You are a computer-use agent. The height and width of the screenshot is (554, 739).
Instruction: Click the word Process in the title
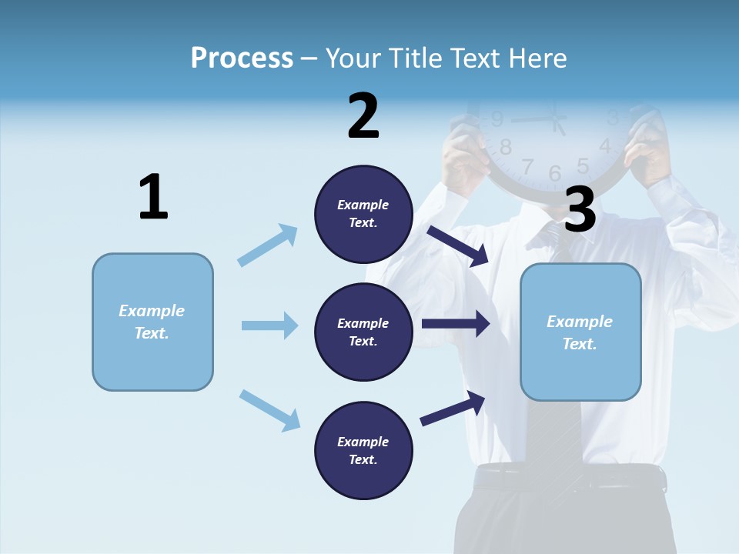coord(242,58)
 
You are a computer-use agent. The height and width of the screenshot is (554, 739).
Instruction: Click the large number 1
coord(153,198)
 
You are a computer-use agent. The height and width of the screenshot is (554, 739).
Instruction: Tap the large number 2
coord(363,116)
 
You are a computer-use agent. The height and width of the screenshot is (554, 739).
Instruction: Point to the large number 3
coord(580,209)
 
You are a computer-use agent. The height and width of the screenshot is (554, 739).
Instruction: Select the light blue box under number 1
coord(152,322)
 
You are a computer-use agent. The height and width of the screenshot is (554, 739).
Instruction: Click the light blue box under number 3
coord(580,332)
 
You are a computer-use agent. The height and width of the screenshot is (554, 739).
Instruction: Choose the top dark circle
coord(363,214)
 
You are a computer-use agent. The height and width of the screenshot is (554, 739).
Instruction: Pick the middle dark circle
coord(363,332)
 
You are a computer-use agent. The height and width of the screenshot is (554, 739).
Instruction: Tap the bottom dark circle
coord(363,450)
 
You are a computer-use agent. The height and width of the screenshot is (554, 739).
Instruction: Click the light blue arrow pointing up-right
coord(268,245)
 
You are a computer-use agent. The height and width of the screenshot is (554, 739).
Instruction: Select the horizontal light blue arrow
coord(269,325)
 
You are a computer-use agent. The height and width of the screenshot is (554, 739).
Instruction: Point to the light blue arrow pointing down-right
coord(269,410)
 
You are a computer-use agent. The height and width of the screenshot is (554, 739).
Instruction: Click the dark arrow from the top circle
coord(459,245)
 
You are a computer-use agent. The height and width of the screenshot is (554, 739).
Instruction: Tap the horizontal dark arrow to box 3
coord(456,324)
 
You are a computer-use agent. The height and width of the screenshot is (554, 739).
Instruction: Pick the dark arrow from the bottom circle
coord(453,409)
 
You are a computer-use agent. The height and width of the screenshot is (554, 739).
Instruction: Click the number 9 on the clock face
coord(497,119)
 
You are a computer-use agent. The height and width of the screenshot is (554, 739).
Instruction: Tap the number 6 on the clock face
coord(555,174)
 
